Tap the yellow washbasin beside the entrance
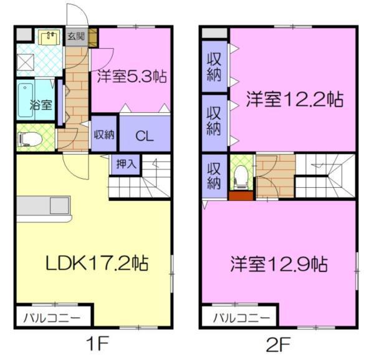pyautogui.click(x=48, y=38)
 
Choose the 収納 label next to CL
pyautogui.click(x=103, y=134)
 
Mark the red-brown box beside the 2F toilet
pyautogui.click(x=240, y=195)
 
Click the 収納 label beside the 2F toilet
pyautogui.click(x=214, y=175)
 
